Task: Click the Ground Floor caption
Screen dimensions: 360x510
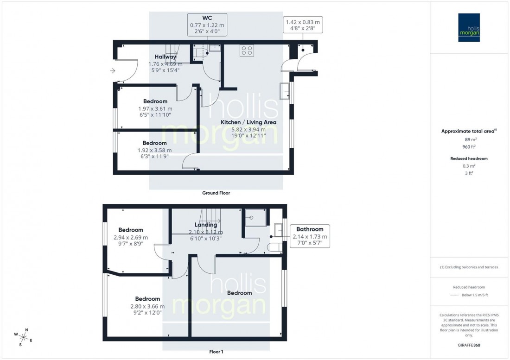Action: click(x=216, y=193)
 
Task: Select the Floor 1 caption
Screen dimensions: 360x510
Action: click(x=216, y=352)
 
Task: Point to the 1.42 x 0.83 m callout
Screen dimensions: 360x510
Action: click(x=303, y=25)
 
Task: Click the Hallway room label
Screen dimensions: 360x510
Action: click(x=165, y=57)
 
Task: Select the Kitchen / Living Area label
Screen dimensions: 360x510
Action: click(x=249, y=122)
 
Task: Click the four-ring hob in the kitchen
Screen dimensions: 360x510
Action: click(x=246, y=51)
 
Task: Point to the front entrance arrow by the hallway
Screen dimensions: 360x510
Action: click(x=112, y=71)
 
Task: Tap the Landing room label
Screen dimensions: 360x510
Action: click(x=206, y=225)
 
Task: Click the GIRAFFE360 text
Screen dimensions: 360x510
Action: click(x=470, y=346)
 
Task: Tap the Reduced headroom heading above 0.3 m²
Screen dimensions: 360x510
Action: click(x=470, y=158)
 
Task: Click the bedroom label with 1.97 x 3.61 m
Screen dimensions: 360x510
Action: click(x=155, y=101)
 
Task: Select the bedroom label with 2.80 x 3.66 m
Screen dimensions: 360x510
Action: click(x=147, y=299)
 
